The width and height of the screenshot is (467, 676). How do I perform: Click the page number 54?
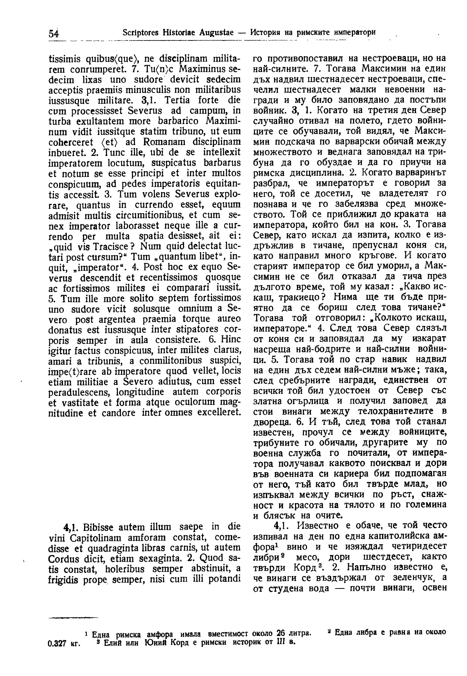[54, 33]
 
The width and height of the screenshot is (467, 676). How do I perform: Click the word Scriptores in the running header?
[141, 32]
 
